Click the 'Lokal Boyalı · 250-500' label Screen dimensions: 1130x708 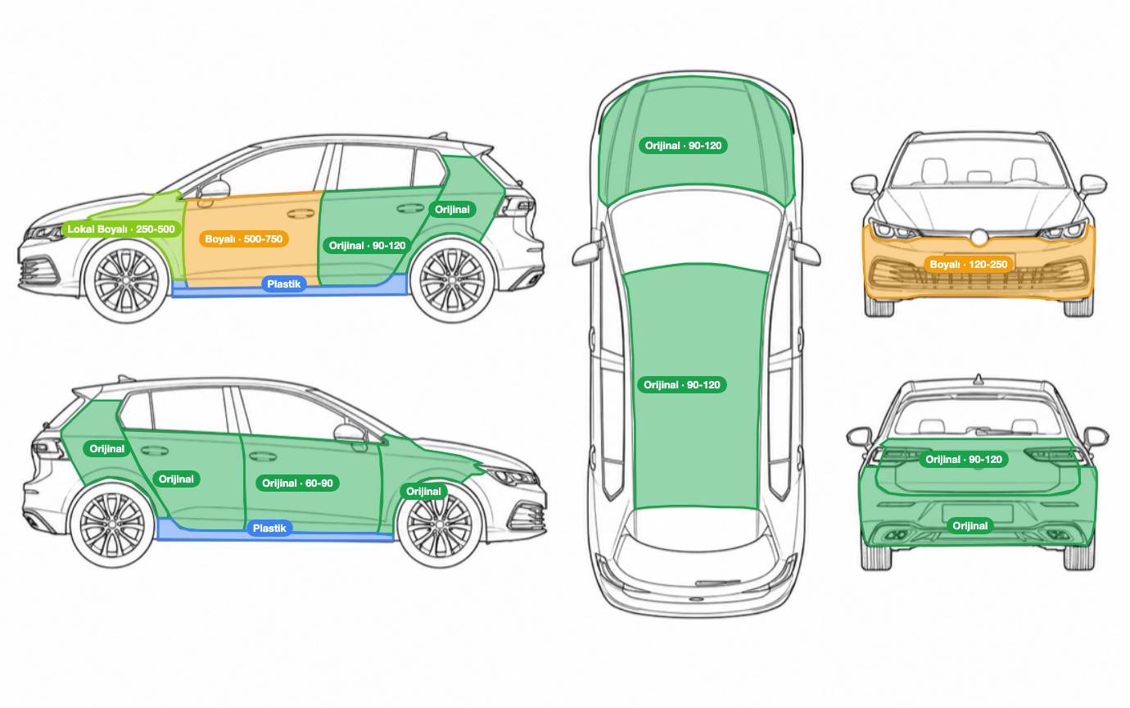tap(121, 229)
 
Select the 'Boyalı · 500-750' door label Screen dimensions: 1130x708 tap(244, 238)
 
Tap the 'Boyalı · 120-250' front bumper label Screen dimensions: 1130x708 tap(968, 264)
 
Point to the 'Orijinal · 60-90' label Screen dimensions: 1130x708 tap(297, 483)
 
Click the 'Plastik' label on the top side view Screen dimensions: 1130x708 tap(283, 284)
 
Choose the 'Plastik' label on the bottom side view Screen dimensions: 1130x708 tap(269, 529)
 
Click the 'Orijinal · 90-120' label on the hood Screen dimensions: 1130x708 tap(683, 145)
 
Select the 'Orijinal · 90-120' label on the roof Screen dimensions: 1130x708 tap(681, 385)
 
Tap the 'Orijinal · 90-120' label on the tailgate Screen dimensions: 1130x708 tap(964, 460)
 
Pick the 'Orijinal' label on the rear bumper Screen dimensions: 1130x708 tap(970, 526)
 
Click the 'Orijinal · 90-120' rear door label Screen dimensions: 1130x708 tap(367, 246)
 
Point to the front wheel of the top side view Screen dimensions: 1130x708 tap(126, 281)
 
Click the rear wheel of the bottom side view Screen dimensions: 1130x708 tap(112, 525)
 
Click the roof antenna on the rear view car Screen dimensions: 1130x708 tap(979, 379)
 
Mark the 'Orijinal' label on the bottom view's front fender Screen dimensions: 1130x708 tap(423, 492)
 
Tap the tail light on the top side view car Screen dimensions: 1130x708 tap(516, 206)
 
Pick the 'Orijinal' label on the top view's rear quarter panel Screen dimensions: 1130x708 tap(452, 210)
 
